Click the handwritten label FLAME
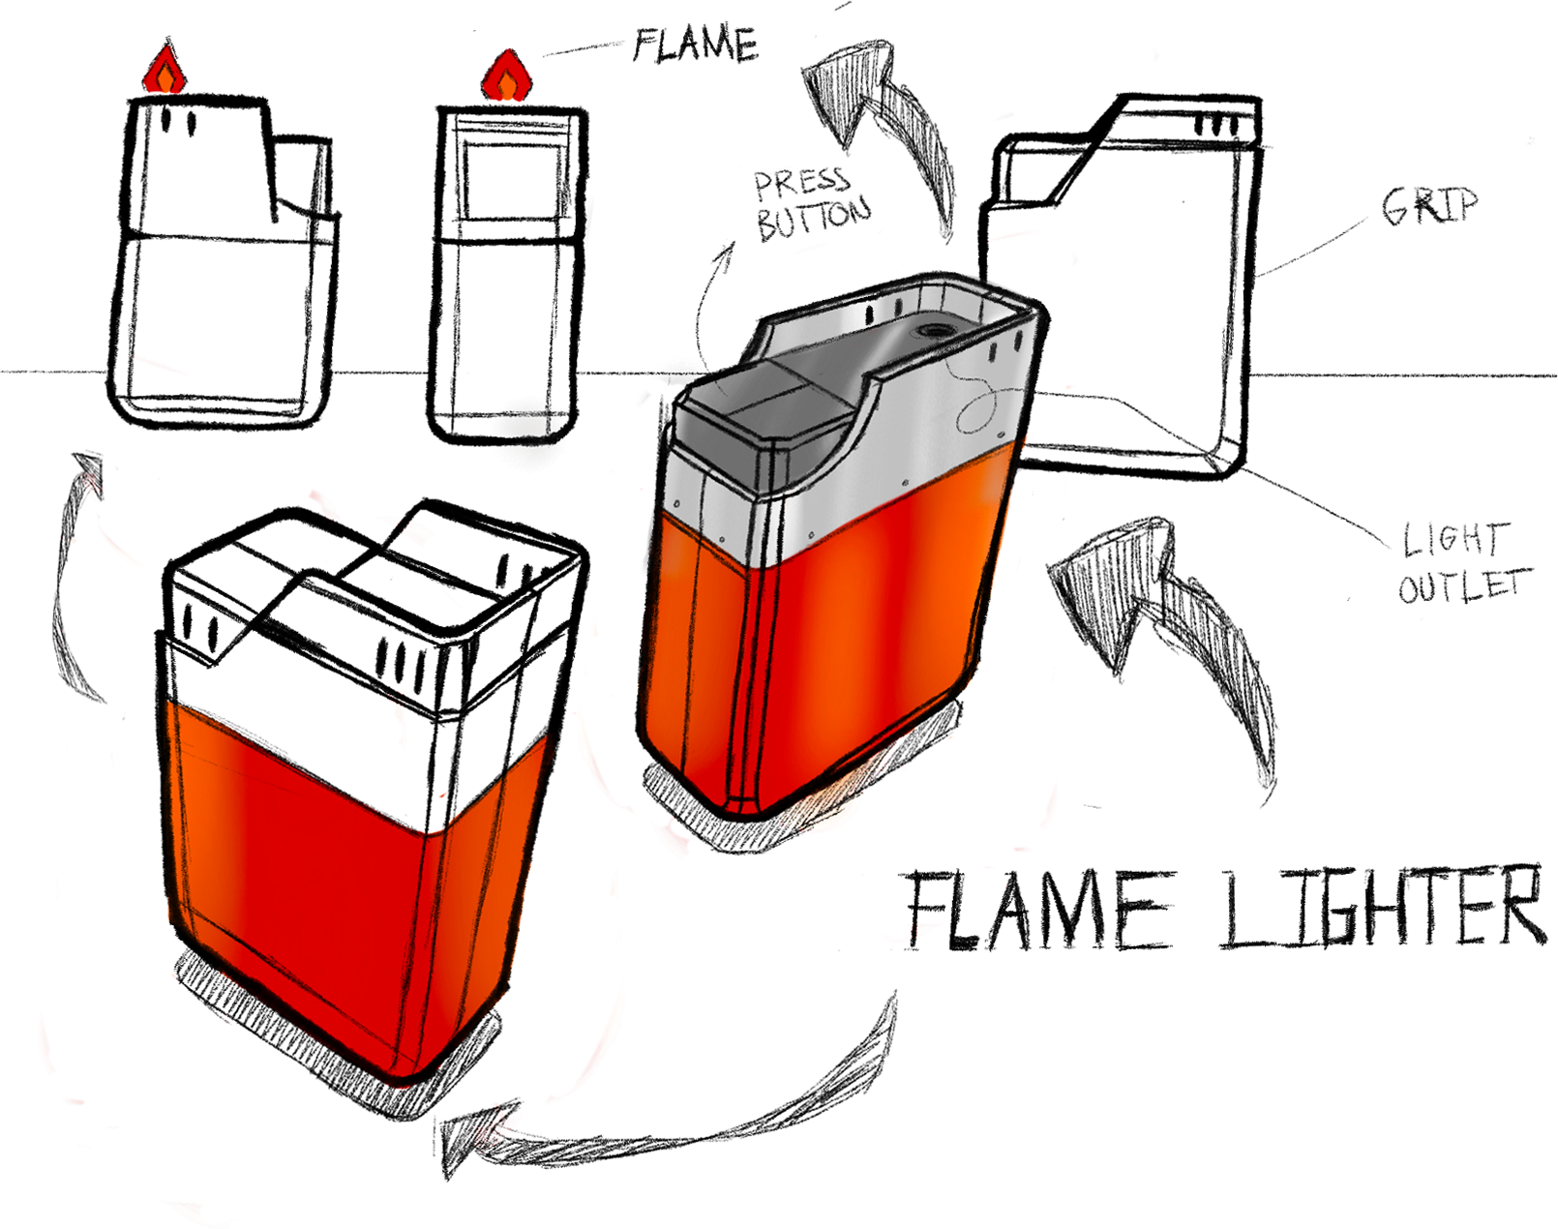pos(695,45)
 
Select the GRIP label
pos(1429,205)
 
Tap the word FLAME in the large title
pos(1035,910)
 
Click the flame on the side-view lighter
pos(165,73)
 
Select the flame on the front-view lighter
pos(507,77)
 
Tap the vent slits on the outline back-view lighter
pos(1215,126)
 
